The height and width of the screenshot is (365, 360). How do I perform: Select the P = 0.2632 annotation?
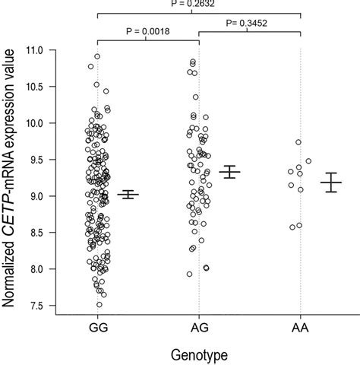point(200,4)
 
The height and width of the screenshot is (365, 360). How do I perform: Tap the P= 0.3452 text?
point(250,25)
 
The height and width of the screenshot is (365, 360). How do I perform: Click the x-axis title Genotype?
point(200,354)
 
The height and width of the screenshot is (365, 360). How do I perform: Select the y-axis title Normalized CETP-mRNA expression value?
point(13,178)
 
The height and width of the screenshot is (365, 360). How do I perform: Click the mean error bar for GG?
point(128,195)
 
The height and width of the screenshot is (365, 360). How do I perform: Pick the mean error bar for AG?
point(229,172)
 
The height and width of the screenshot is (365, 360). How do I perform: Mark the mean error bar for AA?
point(330,182)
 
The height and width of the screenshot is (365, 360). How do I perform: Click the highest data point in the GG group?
point(97,56)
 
